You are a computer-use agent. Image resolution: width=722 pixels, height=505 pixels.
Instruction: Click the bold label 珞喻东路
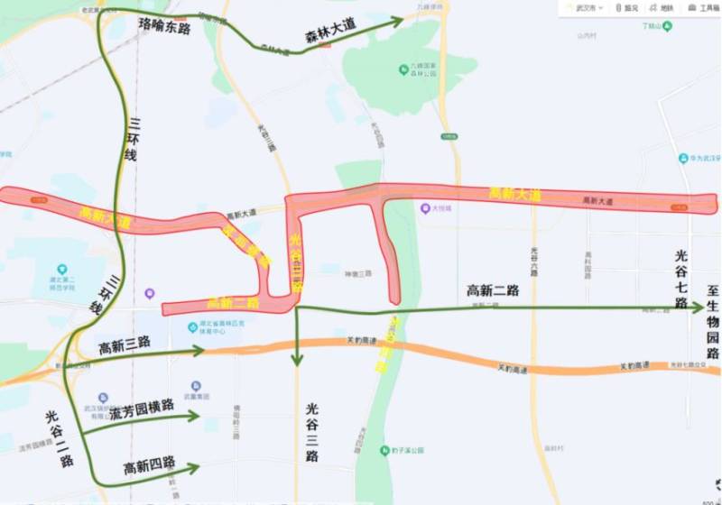(x=165, y=28)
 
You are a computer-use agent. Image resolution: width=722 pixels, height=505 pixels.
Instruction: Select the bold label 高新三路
(x=125, y=344)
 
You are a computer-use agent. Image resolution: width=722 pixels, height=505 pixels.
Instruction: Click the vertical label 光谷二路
(x=57, y=438)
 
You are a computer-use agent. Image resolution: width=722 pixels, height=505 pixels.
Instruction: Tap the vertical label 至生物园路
(x=712, y=322)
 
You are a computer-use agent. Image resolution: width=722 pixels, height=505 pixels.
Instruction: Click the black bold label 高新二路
(x=493, y=290)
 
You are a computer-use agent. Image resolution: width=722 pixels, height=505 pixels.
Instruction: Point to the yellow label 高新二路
(x=233, y=303)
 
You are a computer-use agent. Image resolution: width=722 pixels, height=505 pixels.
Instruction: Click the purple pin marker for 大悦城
(x=425, y=209)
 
